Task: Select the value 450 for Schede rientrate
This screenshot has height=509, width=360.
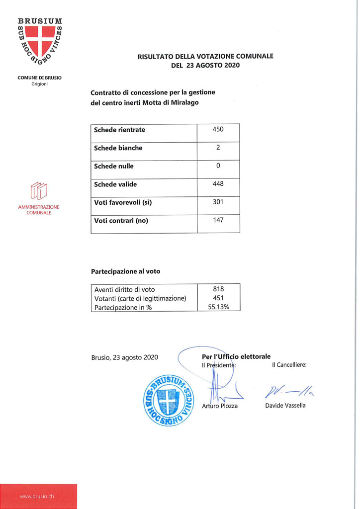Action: coord(218,129)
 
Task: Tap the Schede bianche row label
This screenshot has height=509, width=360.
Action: coord(118,148)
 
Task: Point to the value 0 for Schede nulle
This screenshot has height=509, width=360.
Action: coord(218,166)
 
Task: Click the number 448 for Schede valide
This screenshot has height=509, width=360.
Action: coord(218,184)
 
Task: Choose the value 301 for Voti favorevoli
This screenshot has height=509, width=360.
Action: coord(218,202)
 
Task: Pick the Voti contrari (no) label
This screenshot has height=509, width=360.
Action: coord(121,221)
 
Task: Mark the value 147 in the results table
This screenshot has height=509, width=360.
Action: coord(218,220)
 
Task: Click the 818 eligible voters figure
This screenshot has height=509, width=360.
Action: coord(218,289)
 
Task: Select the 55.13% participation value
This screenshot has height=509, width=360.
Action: coord(218,307)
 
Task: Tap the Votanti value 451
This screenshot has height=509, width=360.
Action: coord(218,298)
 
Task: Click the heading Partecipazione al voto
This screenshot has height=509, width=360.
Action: coord(125,272)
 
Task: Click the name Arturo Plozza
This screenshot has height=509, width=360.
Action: coord(220,406)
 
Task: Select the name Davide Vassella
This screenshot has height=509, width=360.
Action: coord(286,406)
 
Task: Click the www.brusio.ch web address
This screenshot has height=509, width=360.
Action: coord(37,497)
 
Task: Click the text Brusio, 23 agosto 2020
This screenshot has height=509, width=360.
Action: coord(125,357)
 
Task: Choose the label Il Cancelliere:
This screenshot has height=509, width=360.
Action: coord(289,365)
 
